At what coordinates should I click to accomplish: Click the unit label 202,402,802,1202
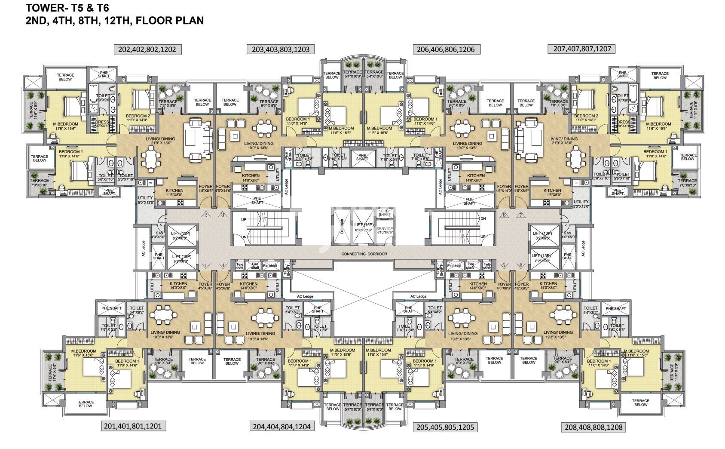click(147, 49)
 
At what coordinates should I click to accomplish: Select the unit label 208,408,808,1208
click(593, 427)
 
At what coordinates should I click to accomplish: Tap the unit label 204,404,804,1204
click(281, 426)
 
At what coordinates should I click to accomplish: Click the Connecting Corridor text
click(364, 254)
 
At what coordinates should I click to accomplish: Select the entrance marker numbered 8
click(521, 266)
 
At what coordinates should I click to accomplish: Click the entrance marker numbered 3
click(223, 215)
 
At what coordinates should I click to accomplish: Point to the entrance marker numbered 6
click(504, 215)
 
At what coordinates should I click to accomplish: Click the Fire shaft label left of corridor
click(255, 266)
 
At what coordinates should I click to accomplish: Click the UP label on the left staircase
click(244, 220)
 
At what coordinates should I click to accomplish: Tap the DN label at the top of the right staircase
click(483, 218)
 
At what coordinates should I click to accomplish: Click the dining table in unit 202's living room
click(150, 159)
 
